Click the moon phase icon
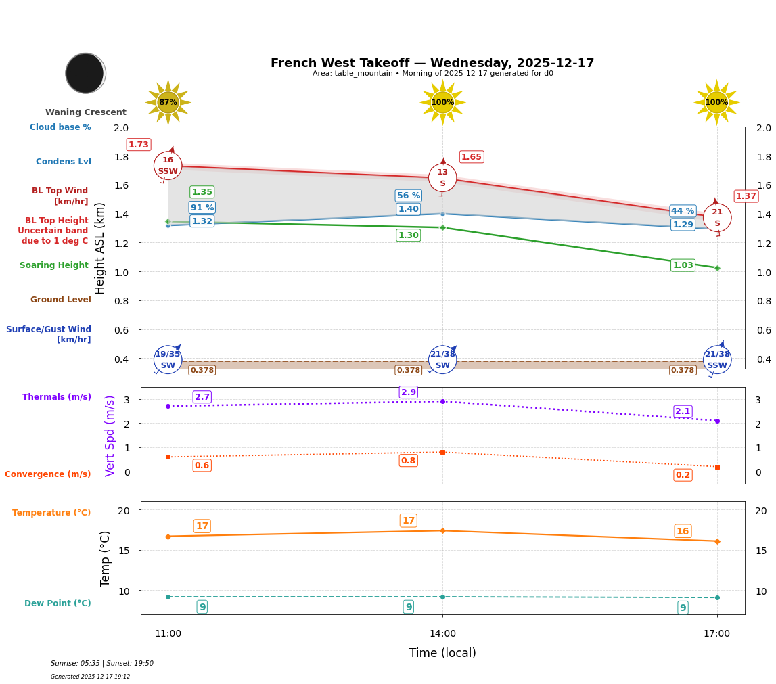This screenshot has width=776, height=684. coord(85,73)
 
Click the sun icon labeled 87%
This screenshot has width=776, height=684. coord(168,102)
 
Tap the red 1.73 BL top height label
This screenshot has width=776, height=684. coord(139,145)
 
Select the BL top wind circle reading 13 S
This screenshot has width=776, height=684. coord(442,178)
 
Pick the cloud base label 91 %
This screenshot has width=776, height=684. coord(202,208)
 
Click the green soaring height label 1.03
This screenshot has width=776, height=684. coord(683,265)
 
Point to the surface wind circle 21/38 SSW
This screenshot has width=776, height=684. coord(716,360)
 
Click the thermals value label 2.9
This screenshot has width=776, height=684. coord(409,392)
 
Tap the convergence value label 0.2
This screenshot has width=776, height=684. coord(683,475)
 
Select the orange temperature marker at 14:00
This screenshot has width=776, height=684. coord(442,530)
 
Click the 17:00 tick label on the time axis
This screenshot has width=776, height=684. coord(716,634)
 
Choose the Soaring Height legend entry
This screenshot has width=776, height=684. coord(54,265)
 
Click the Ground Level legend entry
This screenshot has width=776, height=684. coord(61,300)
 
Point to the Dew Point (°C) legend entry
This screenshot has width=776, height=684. coord(58,603)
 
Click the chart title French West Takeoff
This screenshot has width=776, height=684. coord(432,63)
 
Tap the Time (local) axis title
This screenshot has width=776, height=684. coord(442,653)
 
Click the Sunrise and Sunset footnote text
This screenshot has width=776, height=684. coord(102,664)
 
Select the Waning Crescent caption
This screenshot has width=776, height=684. coord(86,112)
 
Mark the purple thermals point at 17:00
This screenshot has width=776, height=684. coord(717,421)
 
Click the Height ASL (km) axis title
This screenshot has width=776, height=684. coord(100,248)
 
